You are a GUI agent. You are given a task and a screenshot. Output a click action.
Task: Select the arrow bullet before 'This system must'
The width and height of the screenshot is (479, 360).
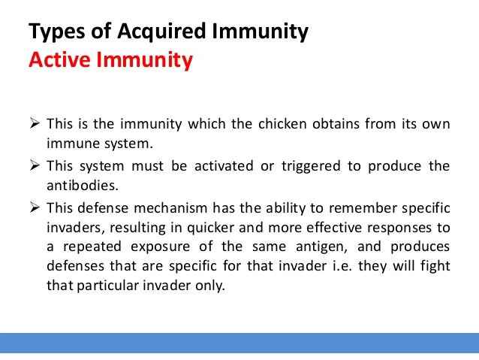click(x=35, y=166)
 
